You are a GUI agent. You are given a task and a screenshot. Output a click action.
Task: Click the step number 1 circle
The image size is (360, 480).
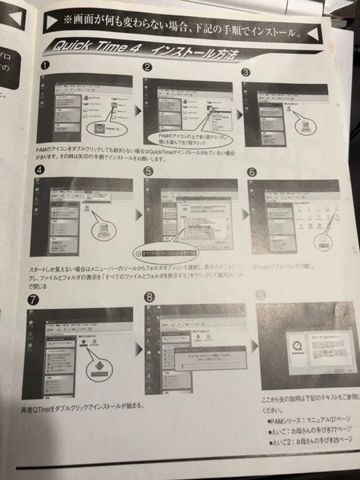[x=45, y=67]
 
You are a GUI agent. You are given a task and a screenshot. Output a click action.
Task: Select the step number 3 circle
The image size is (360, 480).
[x=247, y=73]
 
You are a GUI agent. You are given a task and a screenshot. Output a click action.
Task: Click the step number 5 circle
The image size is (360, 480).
[x=148, y=171]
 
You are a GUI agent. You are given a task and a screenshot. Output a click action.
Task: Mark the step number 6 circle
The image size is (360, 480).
[x=251, y=171]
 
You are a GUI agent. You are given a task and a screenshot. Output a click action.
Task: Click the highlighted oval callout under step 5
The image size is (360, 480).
[x=165, y=253]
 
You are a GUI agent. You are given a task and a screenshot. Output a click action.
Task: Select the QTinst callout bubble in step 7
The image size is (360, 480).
[x=98, y=368]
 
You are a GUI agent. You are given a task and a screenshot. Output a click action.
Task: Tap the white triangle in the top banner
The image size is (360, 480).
[x=53, y=21]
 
